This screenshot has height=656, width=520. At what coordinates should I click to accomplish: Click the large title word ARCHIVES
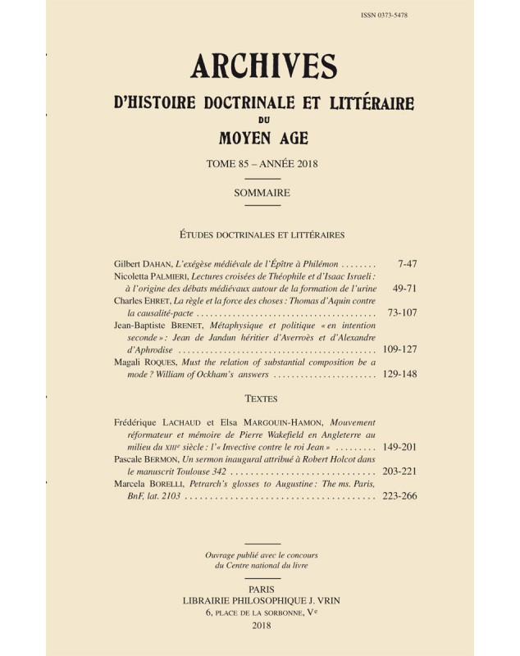(x=262, y=71)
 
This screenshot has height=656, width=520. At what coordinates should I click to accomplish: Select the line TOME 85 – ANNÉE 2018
(x=262, y=164)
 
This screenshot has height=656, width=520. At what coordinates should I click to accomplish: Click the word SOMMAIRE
(x=262, y=193)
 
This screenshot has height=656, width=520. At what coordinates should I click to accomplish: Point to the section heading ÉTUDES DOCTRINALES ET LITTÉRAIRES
(x=262, y=235)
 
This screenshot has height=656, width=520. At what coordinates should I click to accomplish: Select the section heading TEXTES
(x=262, y=399)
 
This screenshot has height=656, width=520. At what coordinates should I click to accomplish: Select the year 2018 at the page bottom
(x=262, y=626)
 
